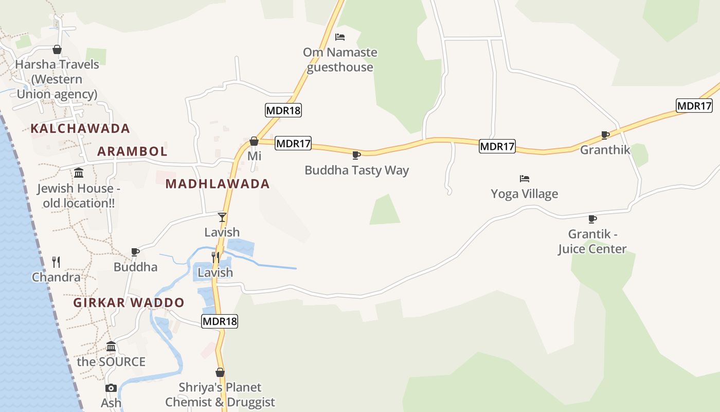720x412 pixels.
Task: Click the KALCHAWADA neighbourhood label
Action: [80, 128]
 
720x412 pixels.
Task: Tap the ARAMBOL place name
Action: [132, 151]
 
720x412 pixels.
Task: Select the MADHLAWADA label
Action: [218, 184]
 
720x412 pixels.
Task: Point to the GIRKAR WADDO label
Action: [129, 302]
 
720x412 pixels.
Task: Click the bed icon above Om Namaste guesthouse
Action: [339, 37]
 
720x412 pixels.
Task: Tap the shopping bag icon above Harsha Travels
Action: [57, 49]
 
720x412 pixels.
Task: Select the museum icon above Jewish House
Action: [78, 173]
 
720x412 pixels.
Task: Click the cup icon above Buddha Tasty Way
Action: [356, 155]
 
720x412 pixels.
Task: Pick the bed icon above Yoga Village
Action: [524, 179]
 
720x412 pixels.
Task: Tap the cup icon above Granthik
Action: [605, 135]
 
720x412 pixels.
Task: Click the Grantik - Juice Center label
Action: [592, 242]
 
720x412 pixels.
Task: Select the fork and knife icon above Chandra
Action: [56, 262]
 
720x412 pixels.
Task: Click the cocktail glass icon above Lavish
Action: [222, 217]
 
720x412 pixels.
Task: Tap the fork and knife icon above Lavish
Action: [215, 257]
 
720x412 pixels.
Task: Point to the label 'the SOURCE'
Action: [111, 362]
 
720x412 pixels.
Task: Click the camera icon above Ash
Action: [111, 388]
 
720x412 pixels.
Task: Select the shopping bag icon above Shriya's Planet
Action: [220, 372]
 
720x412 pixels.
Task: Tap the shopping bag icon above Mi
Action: [254, 141]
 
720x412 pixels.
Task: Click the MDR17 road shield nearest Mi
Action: [293, 143]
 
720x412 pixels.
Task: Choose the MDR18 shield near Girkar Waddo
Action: [220, 321]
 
